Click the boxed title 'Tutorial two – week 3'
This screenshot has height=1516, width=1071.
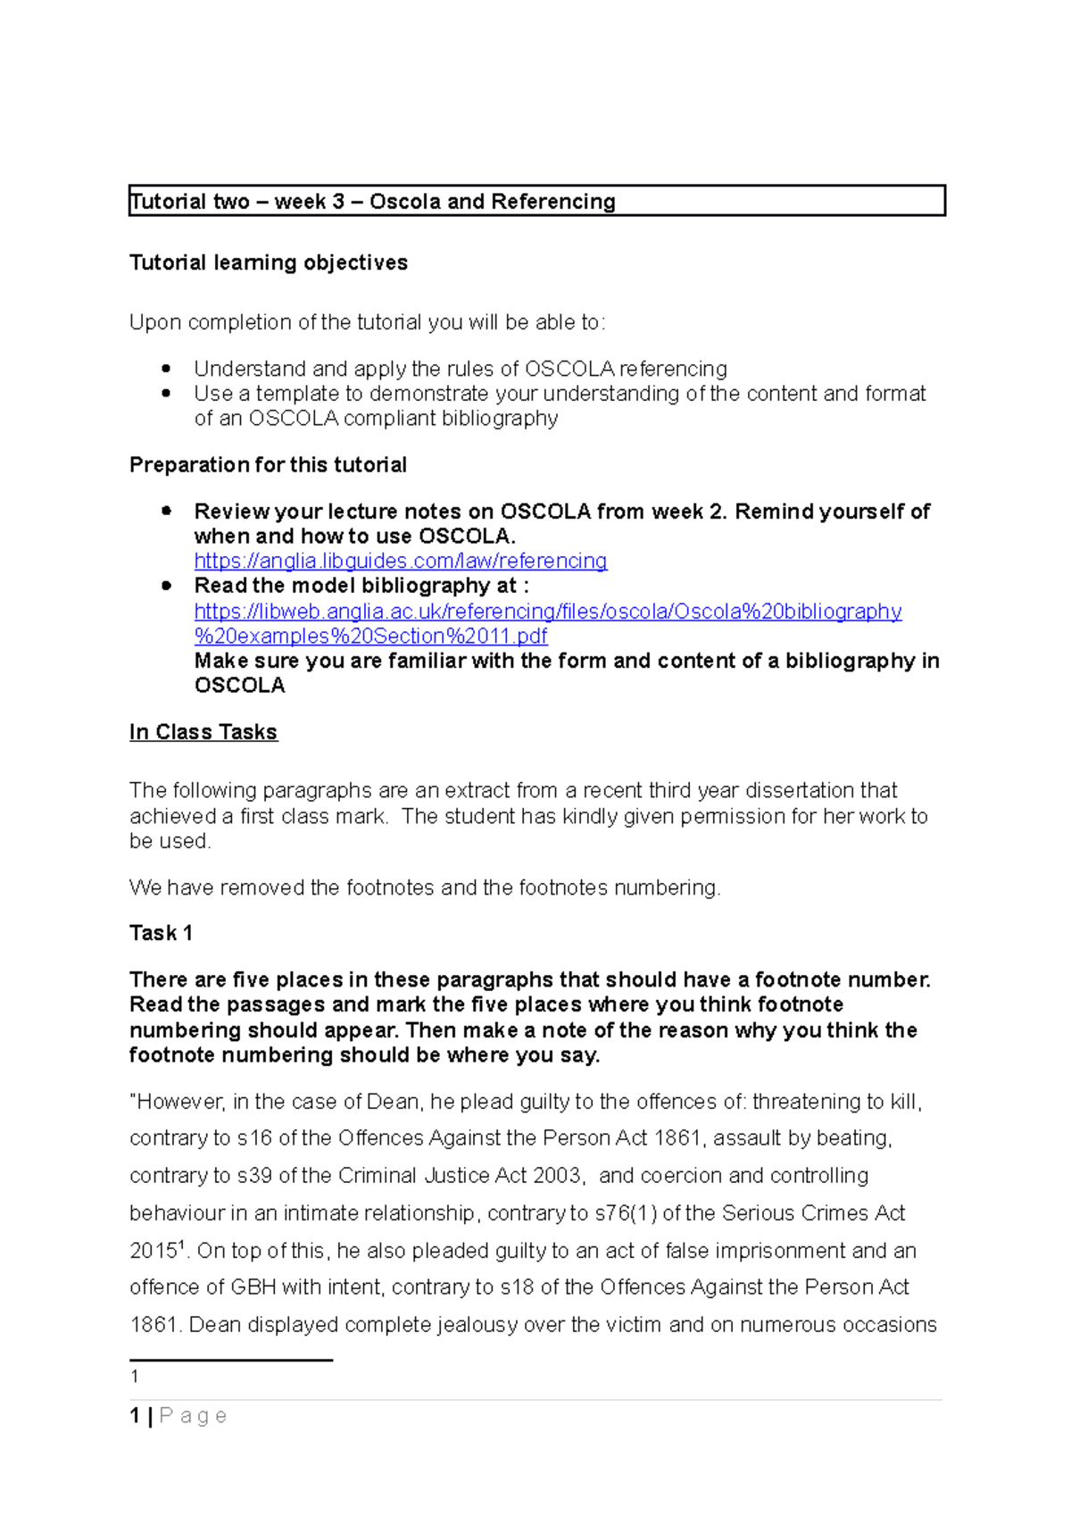coord(373,202)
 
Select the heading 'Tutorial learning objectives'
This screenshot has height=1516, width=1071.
coord(268,262)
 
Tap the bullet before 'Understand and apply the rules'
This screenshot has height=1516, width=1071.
coord(166,369)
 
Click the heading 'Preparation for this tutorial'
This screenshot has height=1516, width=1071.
coord(268,465)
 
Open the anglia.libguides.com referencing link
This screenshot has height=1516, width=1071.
coord(401,561)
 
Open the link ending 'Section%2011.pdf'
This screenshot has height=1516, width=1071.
coord(370,636)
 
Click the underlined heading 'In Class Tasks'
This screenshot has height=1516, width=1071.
coord(203,732)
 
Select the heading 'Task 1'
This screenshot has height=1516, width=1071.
coord(161,933)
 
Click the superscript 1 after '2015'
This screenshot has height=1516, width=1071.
coord(182,1245)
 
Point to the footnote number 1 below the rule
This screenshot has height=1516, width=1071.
coord(134,1377)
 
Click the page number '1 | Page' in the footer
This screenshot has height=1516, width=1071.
coord(178,1416)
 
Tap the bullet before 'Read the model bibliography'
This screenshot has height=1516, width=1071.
coord(166,586)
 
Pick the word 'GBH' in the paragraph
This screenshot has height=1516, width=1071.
coord(253,1287)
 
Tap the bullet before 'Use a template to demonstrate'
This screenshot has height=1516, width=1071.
coord(166,394)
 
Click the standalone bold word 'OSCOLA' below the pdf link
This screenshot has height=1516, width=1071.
coord(239,686)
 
